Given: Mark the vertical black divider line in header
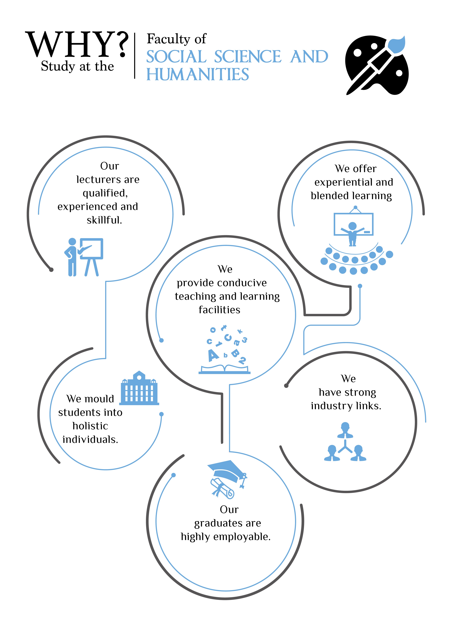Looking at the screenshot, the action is (135, 56).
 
